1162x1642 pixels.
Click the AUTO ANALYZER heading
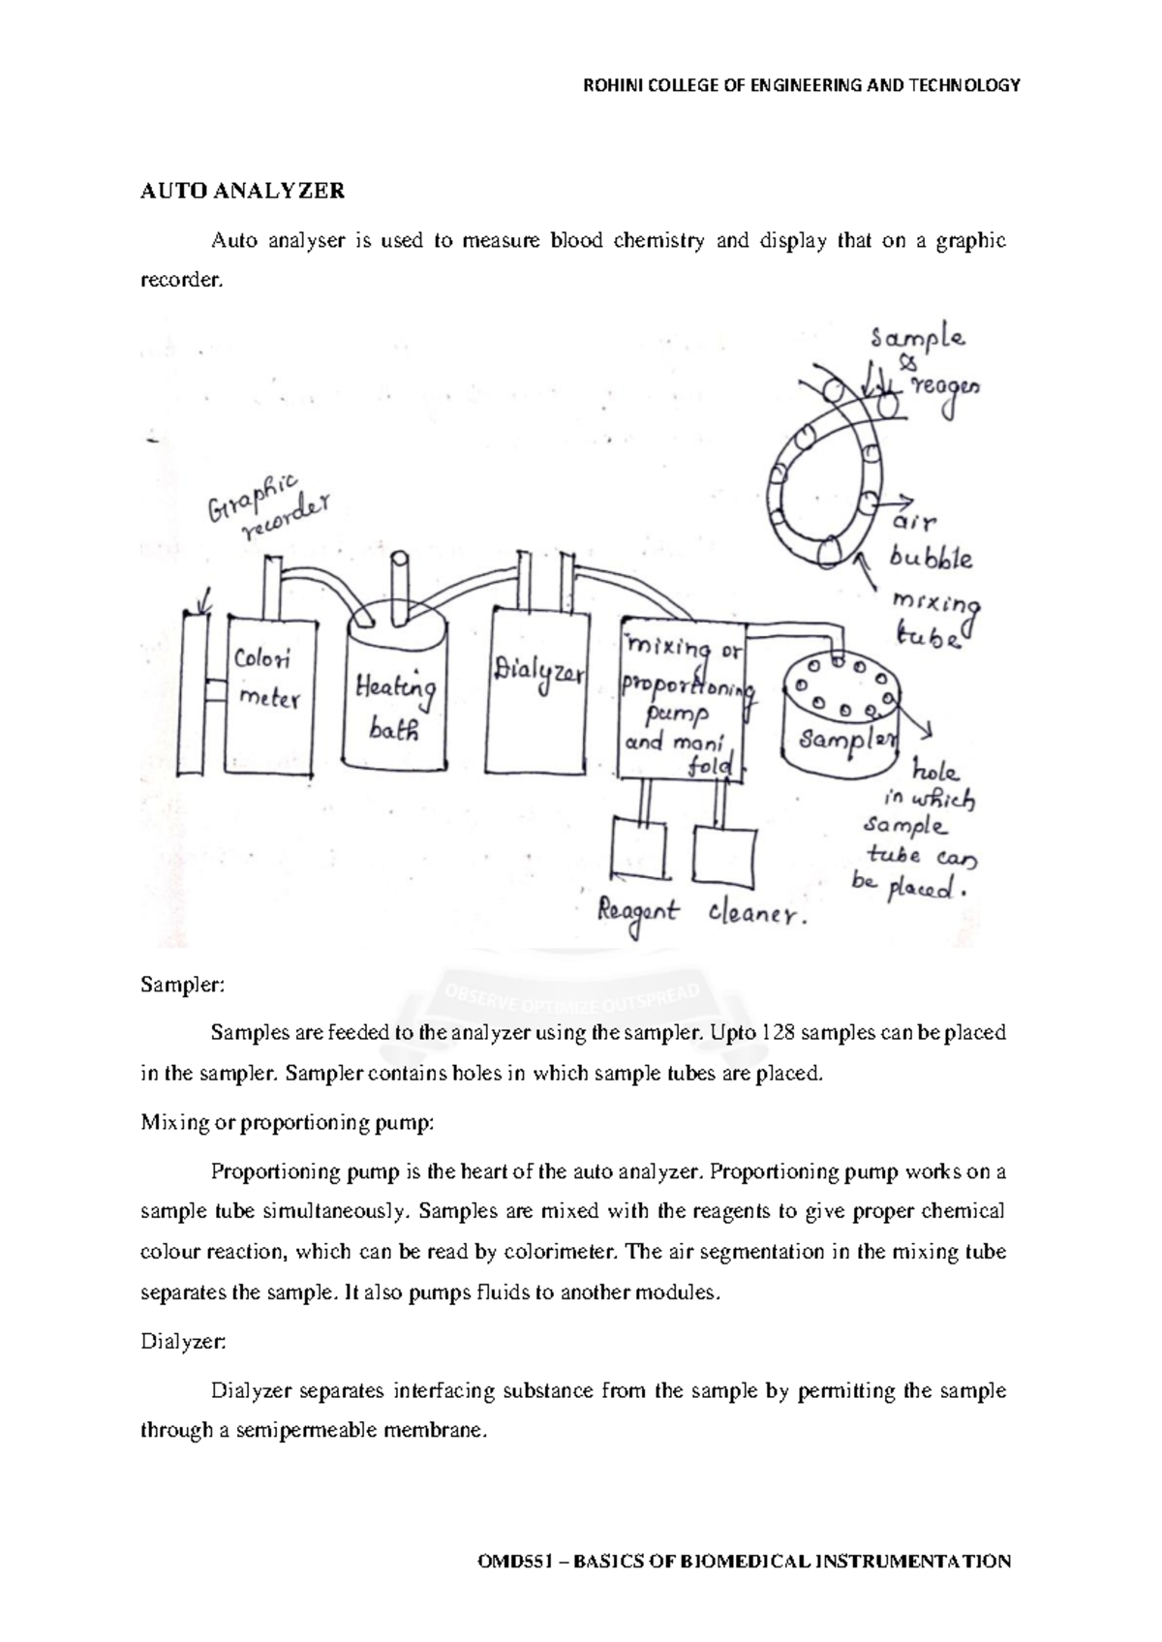point(242,191)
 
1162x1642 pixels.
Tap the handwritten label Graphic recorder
point(267,507)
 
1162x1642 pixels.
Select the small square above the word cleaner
point(728,856)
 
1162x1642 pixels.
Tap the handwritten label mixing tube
point(933,619)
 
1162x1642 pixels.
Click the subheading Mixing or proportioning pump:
point(288,1124)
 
